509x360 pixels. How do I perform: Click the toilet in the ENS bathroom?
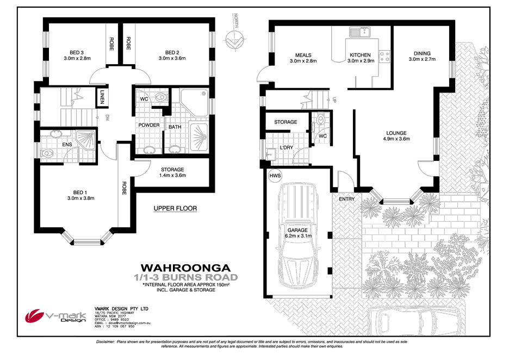pos(48,153)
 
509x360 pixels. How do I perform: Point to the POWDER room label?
pos(149,125)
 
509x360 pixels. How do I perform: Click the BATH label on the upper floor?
pos(175,127)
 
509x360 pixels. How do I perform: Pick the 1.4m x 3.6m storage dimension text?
pos(172,176)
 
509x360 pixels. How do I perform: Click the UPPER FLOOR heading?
pos(175,208)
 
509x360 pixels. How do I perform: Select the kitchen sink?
pos(359,32)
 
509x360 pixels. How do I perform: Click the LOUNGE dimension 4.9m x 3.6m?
pos(396,139)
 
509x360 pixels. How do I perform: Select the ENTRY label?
pos(346,199)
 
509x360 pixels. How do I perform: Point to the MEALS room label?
pos(303,55)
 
